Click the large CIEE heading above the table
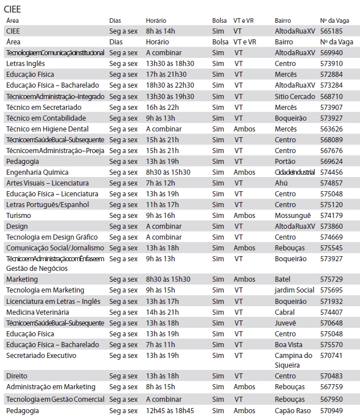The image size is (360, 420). point(15,9)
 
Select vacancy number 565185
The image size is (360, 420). point(332,31)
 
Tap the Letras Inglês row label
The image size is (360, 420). point(25,63)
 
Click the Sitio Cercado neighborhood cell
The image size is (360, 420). point(294,96)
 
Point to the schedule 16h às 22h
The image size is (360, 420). point(162,107)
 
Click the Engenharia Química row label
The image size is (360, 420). point(37,172)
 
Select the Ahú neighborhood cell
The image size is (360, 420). point(282,183)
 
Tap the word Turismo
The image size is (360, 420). point(19,215)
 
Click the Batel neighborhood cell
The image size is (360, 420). point(283,279)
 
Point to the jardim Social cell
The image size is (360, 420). point(294,290)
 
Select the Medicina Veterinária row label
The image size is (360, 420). point(38,312)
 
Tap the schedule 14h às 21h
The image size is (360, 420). point(162,312)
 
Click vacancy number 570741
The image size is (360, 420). point(332,356)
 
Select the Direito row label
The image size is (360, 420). point(16,376)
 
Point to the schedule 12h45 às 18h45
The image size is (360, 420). point(169,410)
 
